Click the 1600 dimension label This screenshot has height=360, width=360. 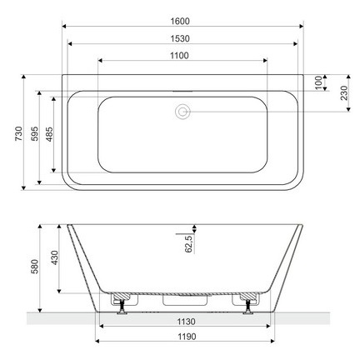182,19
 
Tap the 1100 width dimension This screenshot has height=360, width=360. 182,55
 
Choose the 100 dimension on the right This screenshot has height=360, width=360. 319,82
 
